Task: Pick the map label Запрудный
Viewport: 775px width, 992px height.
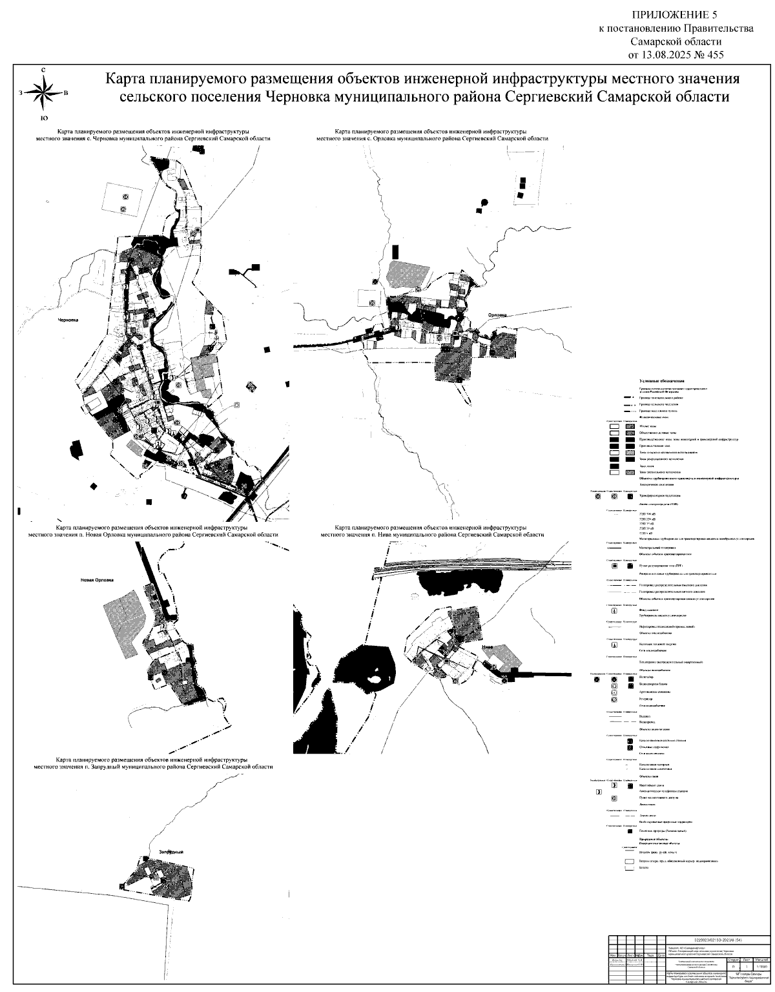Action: coord(168,851)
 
